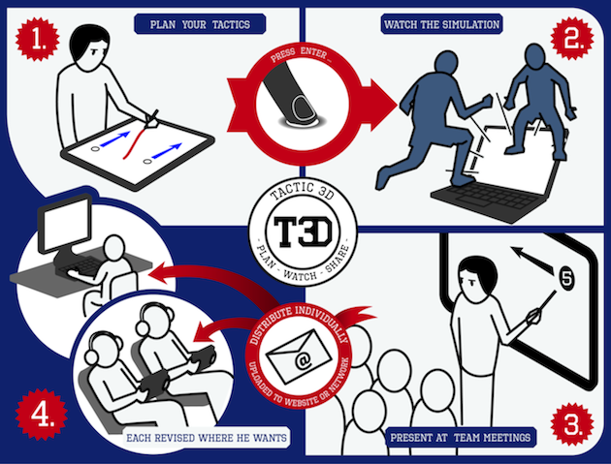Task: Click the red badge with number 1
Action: click(x=38, y=39)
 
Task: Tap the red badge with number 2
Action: click(x=572, y=38)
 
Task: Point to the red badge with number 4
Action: click(x=42, y=415)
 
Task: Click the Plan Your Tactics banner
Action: click(x=200, y=24)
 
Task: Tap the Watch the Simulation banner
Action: click(x=441, y=24)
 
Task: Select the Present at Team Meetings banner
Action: click(x=461, y=437)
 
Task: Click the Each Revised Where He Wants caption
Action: click(x=207, y=438)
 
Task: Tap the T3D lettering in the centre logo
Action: click(x=304, y=232)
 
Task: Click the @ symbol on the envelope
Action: click(x=303, y=361)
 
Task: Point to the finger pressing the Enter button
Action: click(x=291, y=92)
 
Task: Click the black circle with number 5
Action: click(x=567, y=278)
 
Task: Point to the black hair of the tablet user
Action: click(x=88, y=40)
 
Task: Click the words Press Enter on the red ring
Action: click(x=301, y=54)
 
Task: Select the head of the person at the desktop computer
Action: click(x=114, y=248)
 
